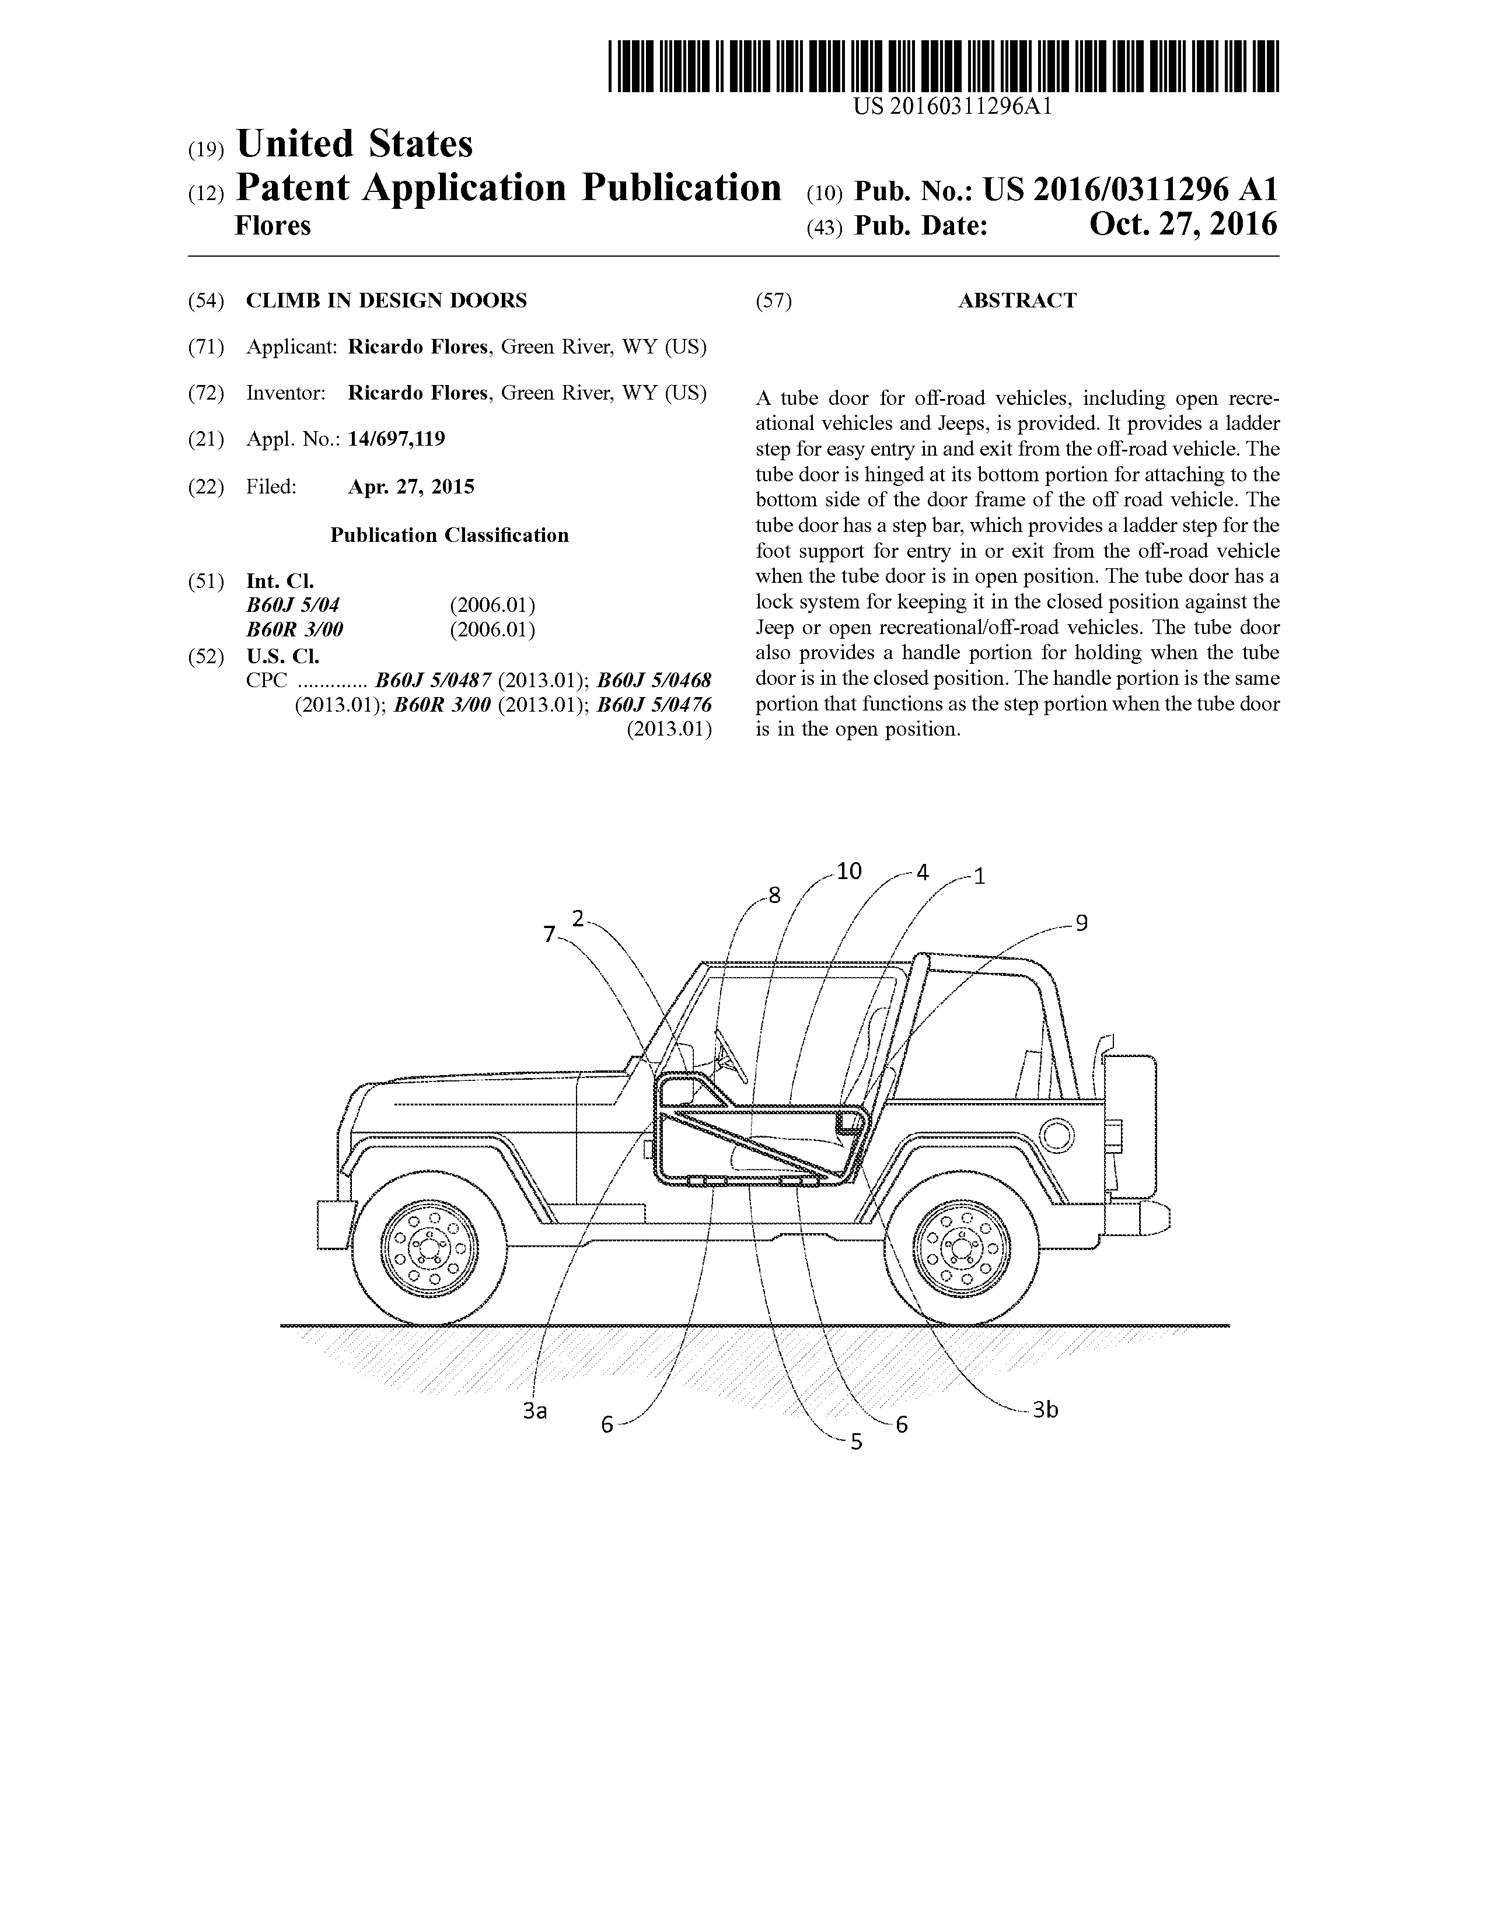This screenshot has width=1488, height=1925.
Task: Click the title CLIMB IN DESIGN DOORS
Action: (386, 300)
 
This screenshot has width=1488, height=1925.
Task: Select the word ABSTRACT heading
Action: (1017, 300)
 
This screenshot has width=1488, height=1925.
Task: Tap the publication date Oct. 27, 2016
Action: (1183, 225)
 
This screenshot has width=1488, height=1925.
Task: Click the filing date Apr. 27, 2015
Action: (411, 487)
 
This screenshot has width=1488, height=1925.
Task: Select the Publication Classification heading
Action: (449, 535)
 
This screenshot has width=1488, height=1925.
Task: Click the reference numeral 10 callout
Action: (849, 871)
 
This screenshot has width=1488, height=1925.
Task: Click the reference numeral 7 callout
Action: (549, 935)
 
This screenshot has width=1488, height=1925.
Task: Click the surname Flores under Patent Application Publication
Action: (273, 226)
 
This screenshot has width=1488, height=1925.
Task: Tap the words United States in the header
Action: (354, 143)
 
